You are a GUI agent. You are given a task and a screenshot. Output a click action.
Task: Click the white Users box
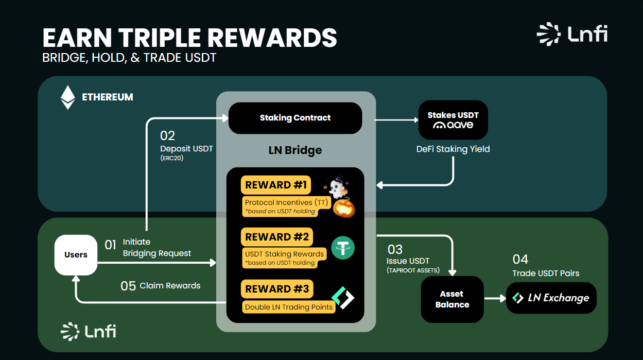pyautogui.click(x=76, y=255)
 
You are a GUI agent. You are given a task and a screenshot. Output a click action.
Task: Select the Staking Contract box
pyautogui.click(x=295, y=118)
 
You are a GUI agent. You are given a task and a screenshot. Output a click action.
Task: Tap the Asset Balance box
pyautogui.click(x=452, y=299)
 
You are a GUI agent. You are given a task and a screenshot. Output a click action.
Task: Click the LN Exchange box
pyautogui.click(x=551, y=298)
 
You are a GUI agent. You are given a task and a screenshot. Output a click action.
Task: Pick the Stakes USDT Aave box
pyautogui.click(x=453, y=120)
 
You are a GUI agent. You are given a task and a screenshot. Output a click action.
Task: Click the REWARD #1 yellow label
pyautogui.click(x=276, y=185)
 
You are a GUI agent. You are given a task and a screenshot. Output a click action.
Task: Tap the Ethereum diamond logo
pyautogui.click(x=67, y=97)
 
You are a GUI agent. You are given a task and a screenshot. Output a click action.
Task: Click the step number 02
pyautogui.click(x=168, y=136)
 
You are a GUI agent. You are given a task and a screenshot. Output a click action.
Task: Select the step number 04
pyautogui.click(x=520, y=259)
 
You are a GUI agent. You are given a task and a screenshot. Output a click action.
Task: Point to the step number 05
pyautogui.click(x=128, y=286)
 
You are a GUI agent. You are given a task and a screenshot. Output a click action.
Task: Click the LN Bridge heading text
pyautogui.click(x=295, y=150)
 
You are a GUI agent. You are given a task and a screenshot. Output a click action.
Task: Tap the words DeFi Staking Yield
pyautogui.click(x=453, y=149)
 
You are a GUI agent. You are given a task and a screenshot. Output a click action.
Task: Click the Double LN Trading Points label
pyautogui.click(x=289, y=307)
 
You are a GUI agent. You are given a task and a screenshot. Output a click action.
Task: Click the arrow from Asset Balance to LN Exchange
pyautogui.click(x=495, y=298)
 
